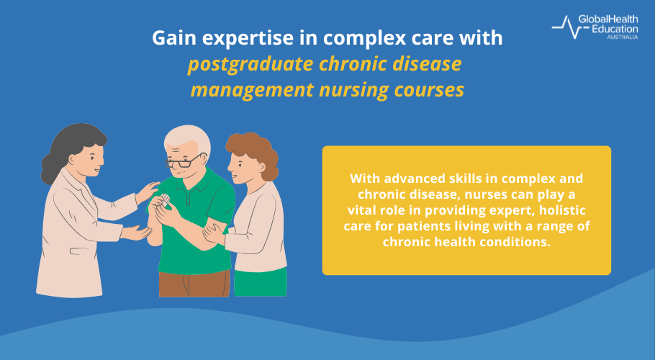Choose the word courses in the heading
coord(425,91)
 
